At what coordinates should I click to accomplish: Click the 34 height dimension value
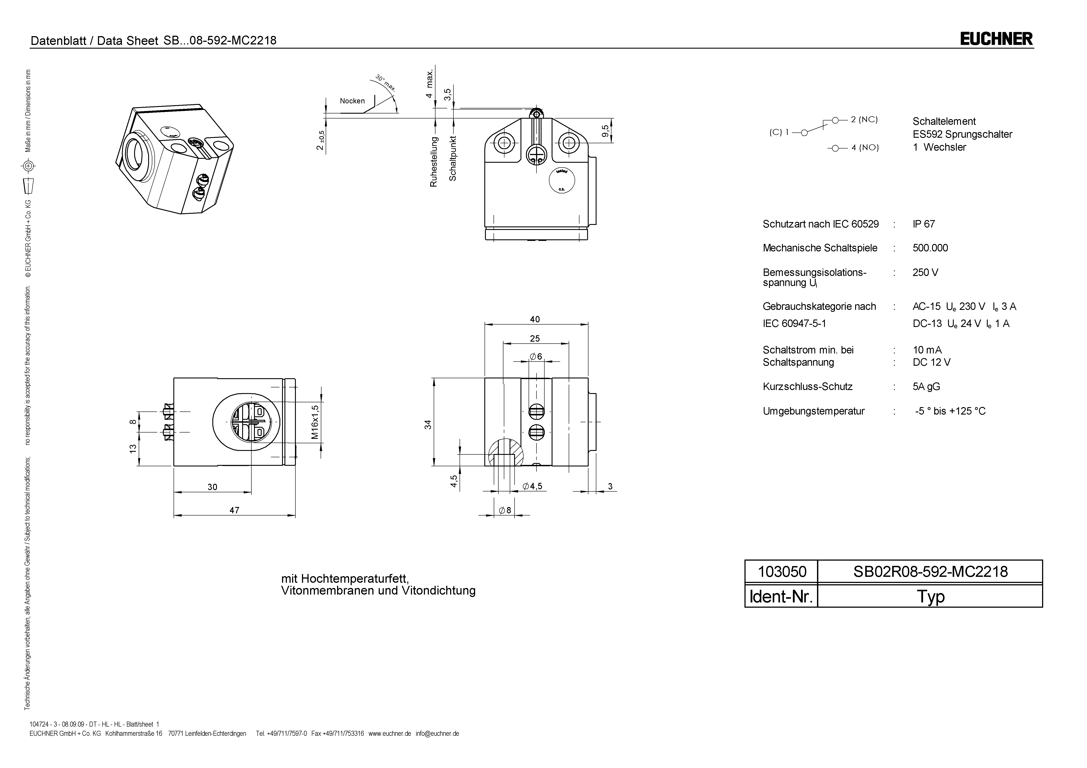[428, 424]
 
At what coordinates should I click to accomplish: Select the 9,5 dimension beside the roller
[606, 131]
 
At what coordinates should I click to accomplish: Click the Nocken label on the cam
[352, 101]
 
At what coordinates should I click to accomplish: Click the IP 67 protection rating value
[924, 224]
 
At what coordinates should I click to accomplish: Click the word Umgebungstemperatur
[813, 411]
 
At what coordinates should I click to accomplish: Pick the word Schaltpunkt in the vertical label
[453, 159]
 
